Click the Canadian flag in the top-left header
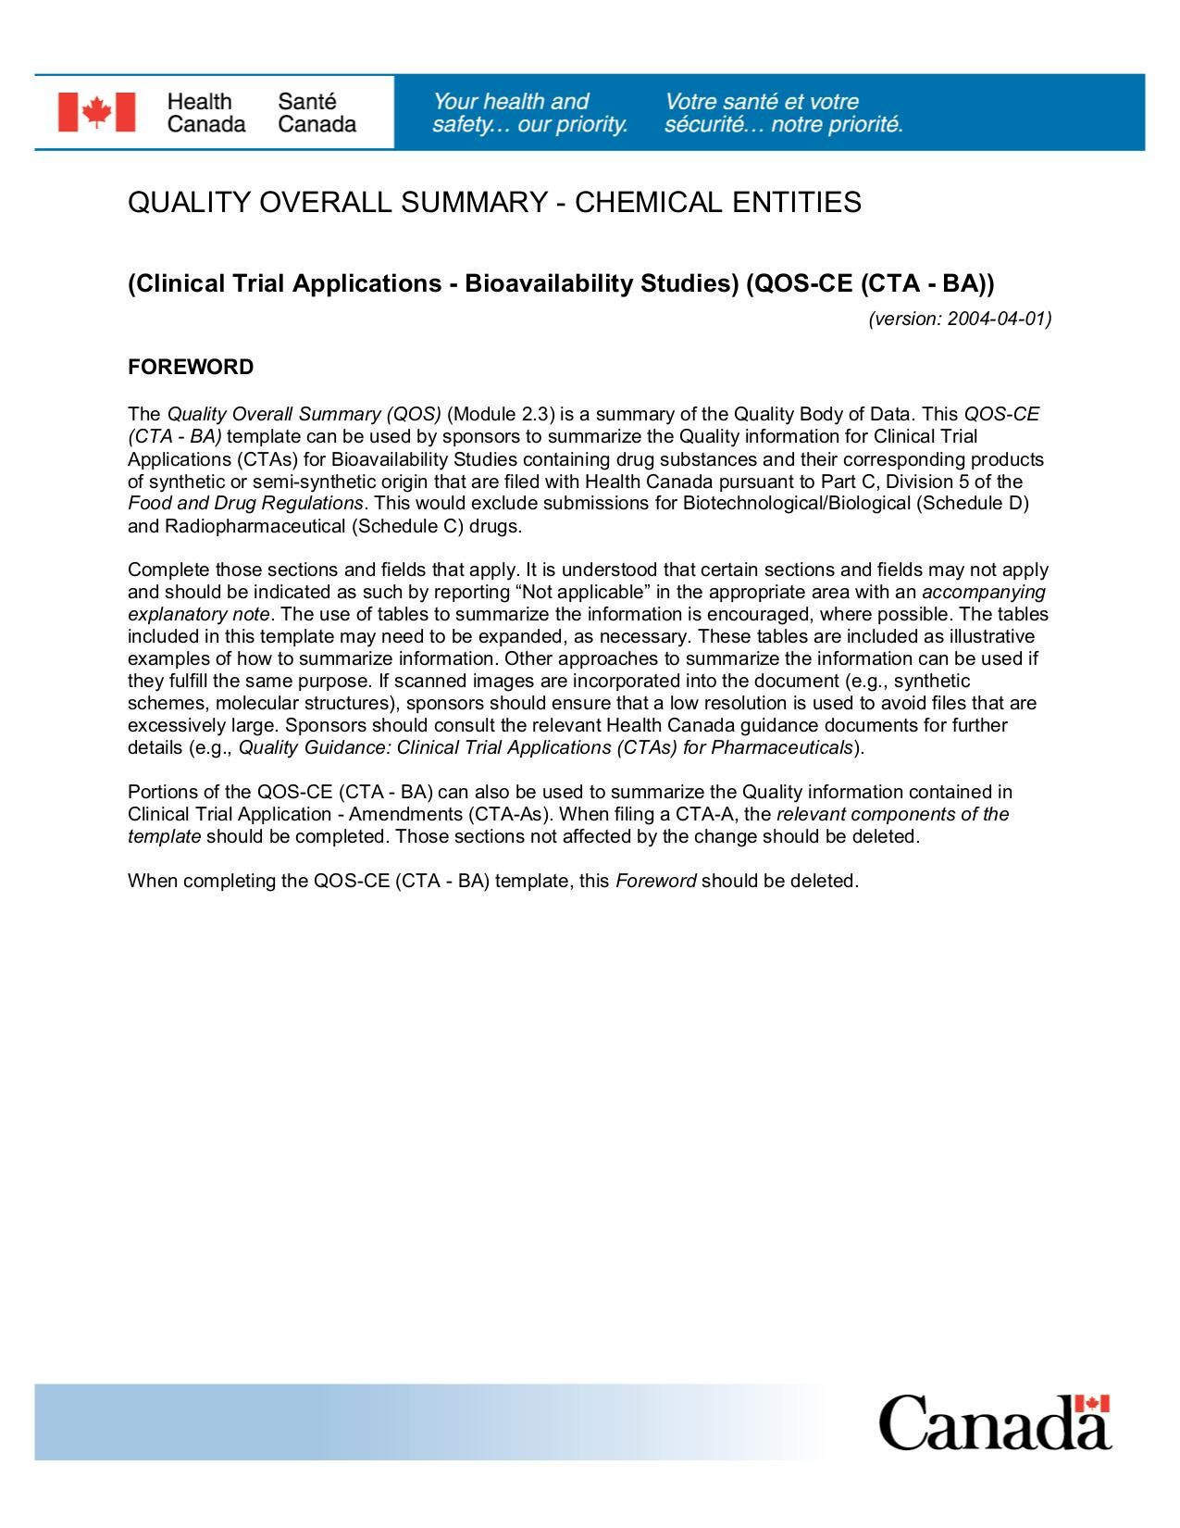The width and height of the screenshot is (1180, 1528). (x=96, y=112)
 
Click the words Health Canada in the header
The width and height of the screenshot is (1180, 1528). (x=205, y=113)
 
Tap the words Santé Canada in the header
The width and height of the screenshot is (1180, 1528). (x=317, y=113)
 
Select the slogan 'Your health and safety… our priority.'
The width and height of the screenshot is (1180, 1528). (x=529, y=113)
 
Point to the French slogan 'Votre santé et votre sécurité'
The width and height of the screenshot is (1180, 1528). (x=783, y=113)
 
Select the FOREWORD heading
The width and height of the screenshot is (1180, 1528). (x=191, y=368)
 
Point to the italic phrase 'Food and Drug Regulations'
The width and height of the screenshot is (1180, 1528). (x=245, y=503)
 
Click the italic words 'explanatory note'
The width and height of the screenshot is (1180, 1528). (x=198, y=614)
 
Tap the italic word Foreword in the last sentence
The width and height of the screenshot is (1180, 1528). (x=655, y=881)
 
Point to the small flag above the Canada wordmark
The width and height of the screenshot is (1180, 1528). (x=1093, y=1404)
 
